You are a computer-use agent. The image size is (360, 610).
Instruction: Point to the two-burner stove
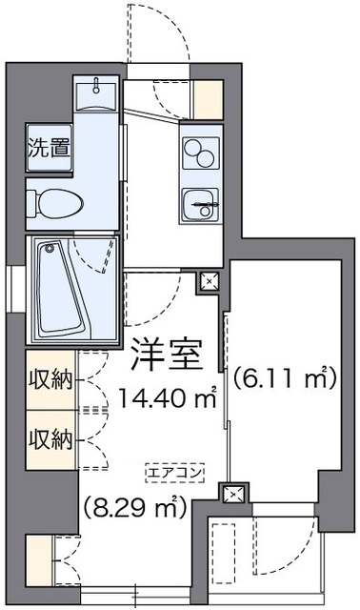click(200, 152)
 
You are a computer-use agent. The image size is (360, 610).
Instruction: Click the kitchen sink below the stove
click(200, 201)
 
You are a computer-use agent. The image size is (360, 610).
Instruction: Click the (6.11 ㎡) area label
click(286, 378)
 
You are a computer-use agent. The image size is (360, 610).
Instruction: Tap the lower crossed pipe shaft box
click(232, 494)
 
